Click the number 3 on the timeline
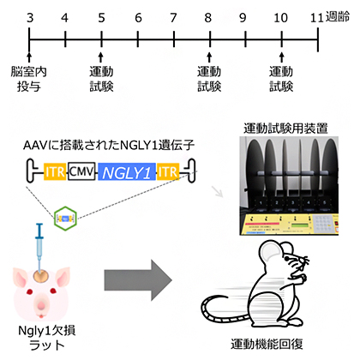pos(30,16)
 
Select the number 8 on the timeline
pos(209,16)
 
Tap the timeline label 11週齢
pos(329,16)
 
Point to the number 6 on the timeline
pos(138,16)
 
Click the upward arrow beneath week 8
pos(210,53)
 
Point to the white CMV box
pos(81,173)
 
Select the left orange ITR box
pos(53,173)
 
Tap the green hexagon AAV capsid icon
pos(65,219)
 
